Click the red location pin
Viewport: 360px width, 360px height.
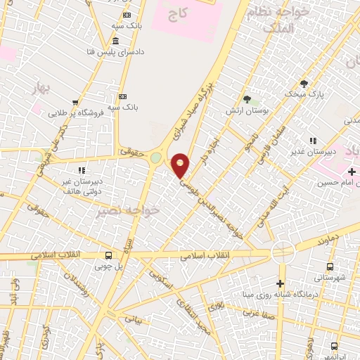pyautogui.click(x=181, y=165)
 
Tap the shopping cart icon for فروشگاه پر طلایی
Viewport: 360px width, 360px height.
pyautogui.click(x=75, y=102)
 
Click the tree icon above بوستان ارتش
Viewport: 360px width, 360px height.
pyautogui.click(x=246, y=99)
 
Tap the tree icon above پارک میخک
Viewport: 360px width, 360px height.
pyautogui.click(x=304, y=83)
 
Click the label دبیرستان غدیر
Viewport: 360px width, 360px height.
pyautogui.click(x=327, y=150)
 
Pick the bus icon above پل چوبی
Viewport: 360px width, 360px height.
pyautogui.click(x=108, y=256)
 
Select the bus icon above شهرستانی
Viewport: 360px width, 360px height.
pyautogui.click(x=330, y=266)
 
